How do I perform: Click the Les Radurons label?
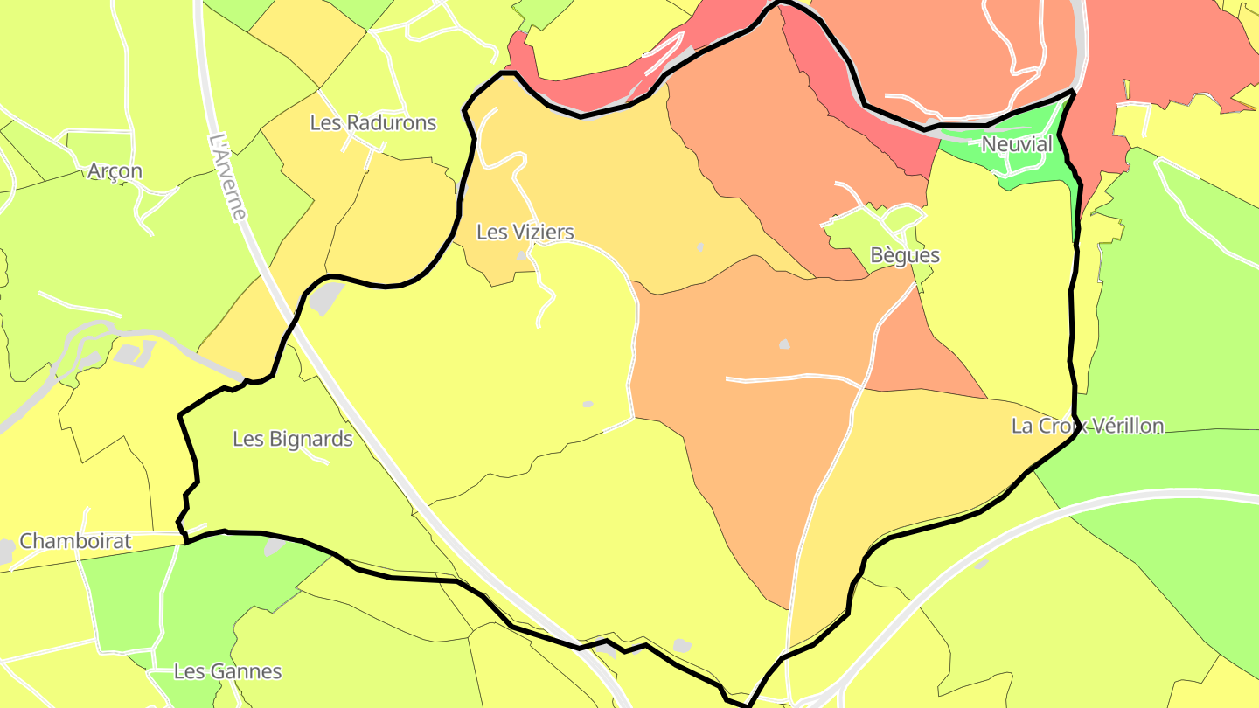coord(372,122)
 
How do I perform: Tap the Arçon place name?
coord(115,171)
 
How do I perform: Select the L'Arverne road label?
coord(228,176)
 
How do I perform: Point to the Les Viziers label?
coord(525,232)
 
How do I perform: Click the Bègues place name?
coord(905,255)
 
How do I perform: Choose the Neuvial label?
coord(1017,144)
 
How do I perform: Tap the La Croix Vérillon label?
coord(1087,426)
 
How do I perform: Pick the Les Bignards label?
coord(292,439)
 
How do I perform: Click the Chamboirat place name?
coord(75,541)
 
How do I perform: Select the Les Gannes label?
coord(227,671)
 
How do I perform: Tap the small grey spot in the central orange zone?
coord(784,344)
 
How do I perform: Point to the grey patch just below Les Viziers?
coord(523,256)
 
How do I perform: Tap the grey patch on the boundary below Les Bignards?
coord(275,546)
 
